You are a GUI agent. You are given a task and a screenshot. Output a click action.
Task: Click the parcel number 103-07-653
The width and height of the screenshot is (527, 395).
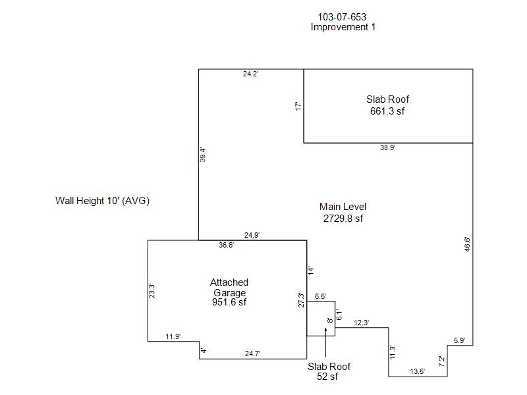click(343, 16)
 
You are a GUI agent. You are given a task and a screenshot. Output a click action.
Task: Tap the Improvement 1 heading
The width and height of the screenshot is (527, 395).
click(343, 28)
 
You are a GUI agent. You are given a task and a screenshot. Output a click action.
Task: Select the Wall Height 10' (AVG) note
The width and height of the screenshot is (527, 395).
click(102, 201)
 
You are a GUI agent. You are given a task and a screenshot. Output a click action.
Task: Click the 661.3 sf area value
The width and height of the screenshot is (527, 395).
click(387, 111)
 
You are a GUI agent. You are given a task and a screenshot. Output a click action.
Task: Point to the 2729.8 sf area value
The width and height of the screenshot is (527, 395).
click(343, 219)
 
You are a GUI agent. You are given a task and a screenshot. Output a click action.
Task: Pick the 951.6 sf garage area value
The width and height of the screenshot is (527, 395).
click(229, 302)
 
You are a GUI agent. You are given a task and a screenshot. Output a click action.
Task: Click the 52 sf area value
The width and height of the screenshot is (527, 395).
click(329, 377)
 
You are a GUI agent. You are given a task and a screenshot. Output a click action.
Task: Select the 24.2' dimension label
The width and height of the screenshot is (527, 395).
click(251, 74)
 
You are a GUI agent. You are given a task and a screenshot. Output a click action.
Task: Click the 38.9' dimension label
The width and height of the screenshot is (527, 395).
click(387, 148)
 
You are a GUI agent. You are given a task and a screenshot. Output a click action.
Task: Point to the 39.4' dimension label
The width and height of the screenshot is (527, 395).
click(204, 155)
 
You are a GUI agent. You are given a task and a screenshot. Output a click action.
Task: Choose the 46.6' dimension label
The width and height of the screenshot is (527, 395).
click(467, 244)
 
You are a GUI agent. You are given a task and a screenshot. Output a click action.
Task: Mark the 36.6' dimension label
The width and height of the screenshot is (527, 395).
click(226, 245)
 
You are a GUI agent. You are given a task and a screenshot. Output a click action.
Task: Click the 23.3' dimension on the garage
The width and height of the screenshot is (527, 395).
click(152, 292)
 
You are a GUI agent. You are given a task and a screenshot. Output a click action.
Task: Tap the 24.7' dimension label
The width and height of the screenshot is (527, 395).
click(252, 354)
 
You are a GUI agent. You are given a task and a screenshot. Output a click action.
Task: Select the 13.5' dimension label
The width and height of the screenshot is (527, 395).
click(418, 371)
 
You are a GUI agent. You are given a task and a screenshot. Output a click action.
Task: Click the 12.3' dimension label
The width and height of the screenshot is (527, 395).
click(362, 323)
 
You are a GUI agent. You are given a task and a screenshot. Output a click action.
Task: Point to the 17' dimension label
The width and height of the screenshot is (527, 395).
click(298, 105)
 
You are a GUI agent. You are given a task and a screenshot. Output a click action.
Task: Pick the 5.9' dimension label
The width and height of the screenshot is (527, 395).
click(459, 340)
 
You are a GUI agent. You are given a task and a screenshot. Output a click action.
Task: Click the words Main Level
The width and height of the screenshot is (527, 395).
click(343, 207)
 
